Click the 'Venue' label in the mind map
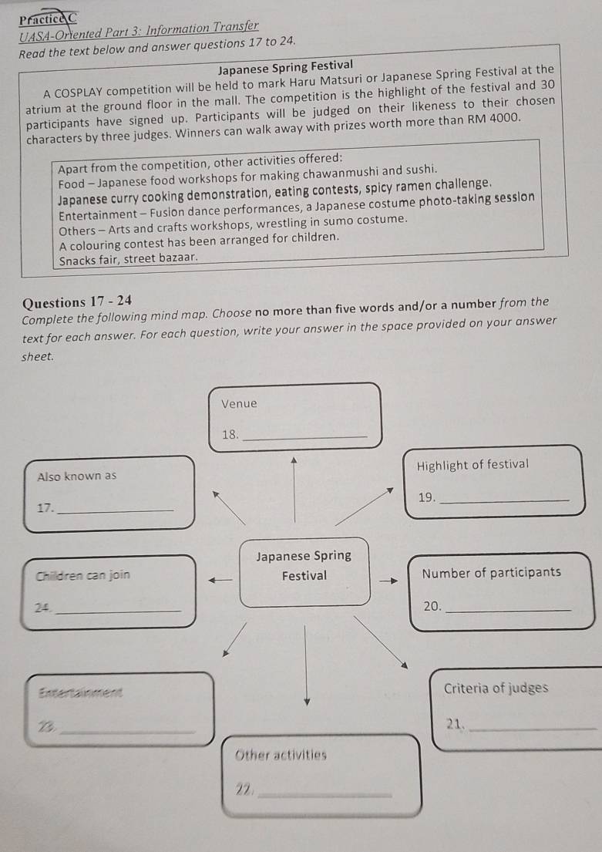pos(239,403)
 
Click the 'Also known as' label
pos(77,476)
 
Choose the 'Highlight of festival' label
pos(472,464)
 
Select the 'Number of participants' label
pos(492,572)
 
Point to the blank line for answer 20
pos(509,611)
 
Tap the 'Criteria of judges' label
pos(496,688)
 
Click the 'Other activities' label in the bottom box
pos(281,755)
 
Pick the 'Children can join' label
pos(83,574)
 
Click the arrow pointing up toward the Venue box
pos(294,463)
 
